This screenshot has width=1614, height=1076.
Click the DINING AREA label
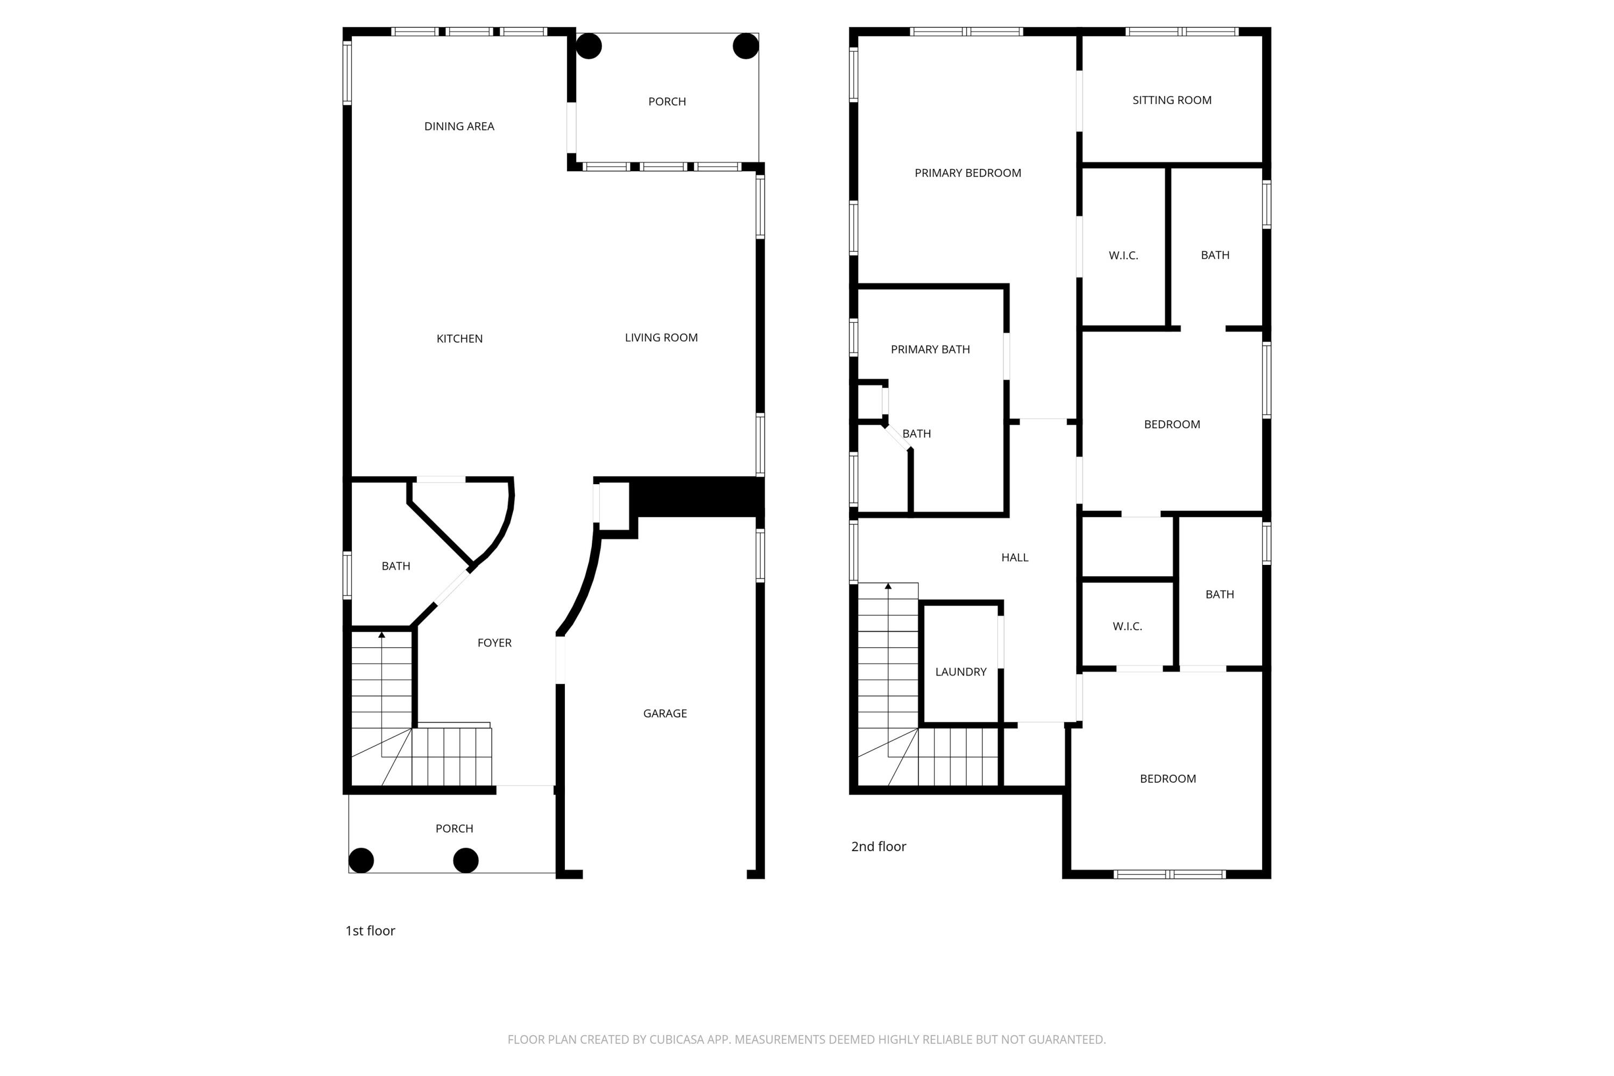(x=459, y=126)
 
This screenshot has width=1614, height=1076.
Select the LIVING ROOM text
(x=661, y=338)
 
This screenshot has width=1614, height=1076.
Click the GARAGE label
(x=664, y=714)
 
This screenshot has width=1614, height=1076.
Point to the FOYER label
(x=494, y=643)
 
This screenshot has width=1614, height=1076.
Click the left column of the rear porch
(x=589, y=46)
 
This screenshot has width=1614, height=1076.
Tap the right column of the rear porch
(x=745, y=46)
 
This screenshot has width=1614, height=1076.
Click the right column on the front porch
(x=466, y=860)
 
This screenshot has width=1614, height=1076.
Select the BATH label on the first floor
(x=395, y=566)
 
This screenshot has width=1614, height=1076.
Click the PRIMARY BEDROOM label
(x=967, y=173)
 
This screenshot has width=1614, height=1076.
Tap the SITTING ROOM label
(x=1171, y=100)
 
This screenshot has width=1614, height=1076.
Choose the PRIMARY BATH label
(x=930, y=349)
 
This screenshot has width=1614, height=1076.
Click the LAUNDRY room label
(x=960, y=672)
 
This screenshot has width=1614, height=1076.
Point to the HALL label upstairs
(x=1014, y=557)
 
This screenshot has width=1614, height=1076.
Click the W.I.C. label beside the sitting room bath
(x=1123, y=255)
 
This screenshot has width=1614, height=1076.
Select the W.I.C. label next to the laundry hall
(x=1127, y=627)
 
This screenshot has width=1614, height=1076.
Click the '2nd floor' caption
(x=879, y=847)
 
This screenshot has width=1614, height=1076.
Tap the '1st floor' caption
(x=370, y=931)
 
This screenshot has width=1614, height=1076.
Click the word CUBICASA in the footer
(x=677, y=1039)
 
